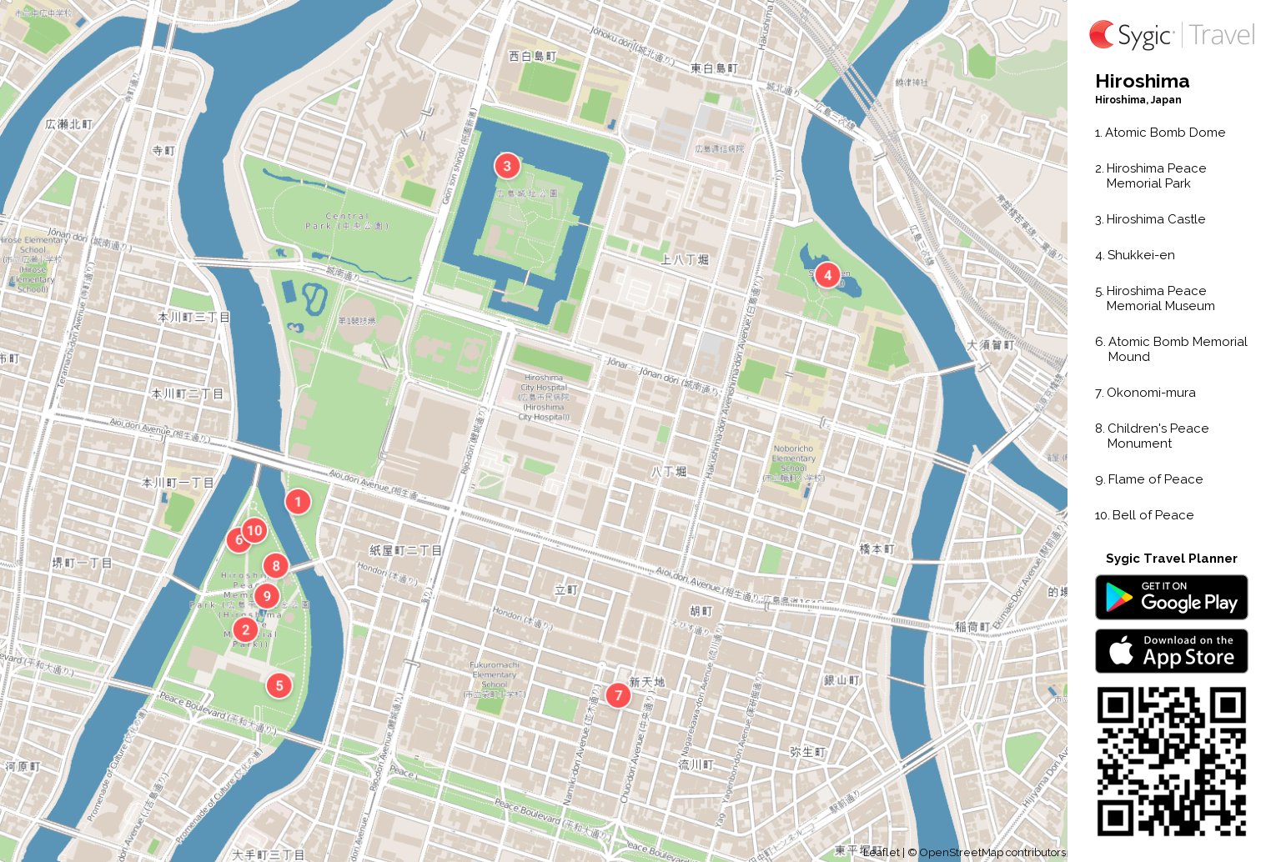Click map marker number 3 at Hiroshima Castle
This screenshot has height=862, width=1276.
507,166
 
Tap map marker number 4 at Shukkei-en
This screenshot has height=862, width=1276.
827,275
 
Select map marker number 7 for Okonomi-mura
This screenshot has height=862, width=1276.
618,695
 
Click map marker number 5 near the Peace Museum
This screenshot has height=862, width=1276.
279,686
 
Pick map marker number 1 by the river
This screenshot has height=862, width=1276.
298,502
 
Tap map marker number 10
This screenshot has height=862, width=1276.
255,530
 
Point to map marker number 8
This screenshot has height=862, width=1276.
276,566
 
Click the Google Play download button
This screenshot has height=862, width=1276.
1171,598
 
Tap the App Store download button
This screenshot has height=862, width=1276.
1171,651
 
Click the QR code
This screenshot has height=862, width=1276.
1171,761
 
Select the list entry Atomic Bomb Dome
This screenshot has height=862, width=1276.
1164,133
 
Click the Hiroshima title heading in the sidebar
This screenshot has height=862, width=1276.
1142,81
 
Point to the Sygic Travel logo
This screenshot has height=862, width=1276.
1171,35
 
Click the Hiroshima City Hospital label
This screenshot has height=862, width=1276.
544,397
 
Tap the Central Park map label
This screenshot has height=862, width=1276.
347,221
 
